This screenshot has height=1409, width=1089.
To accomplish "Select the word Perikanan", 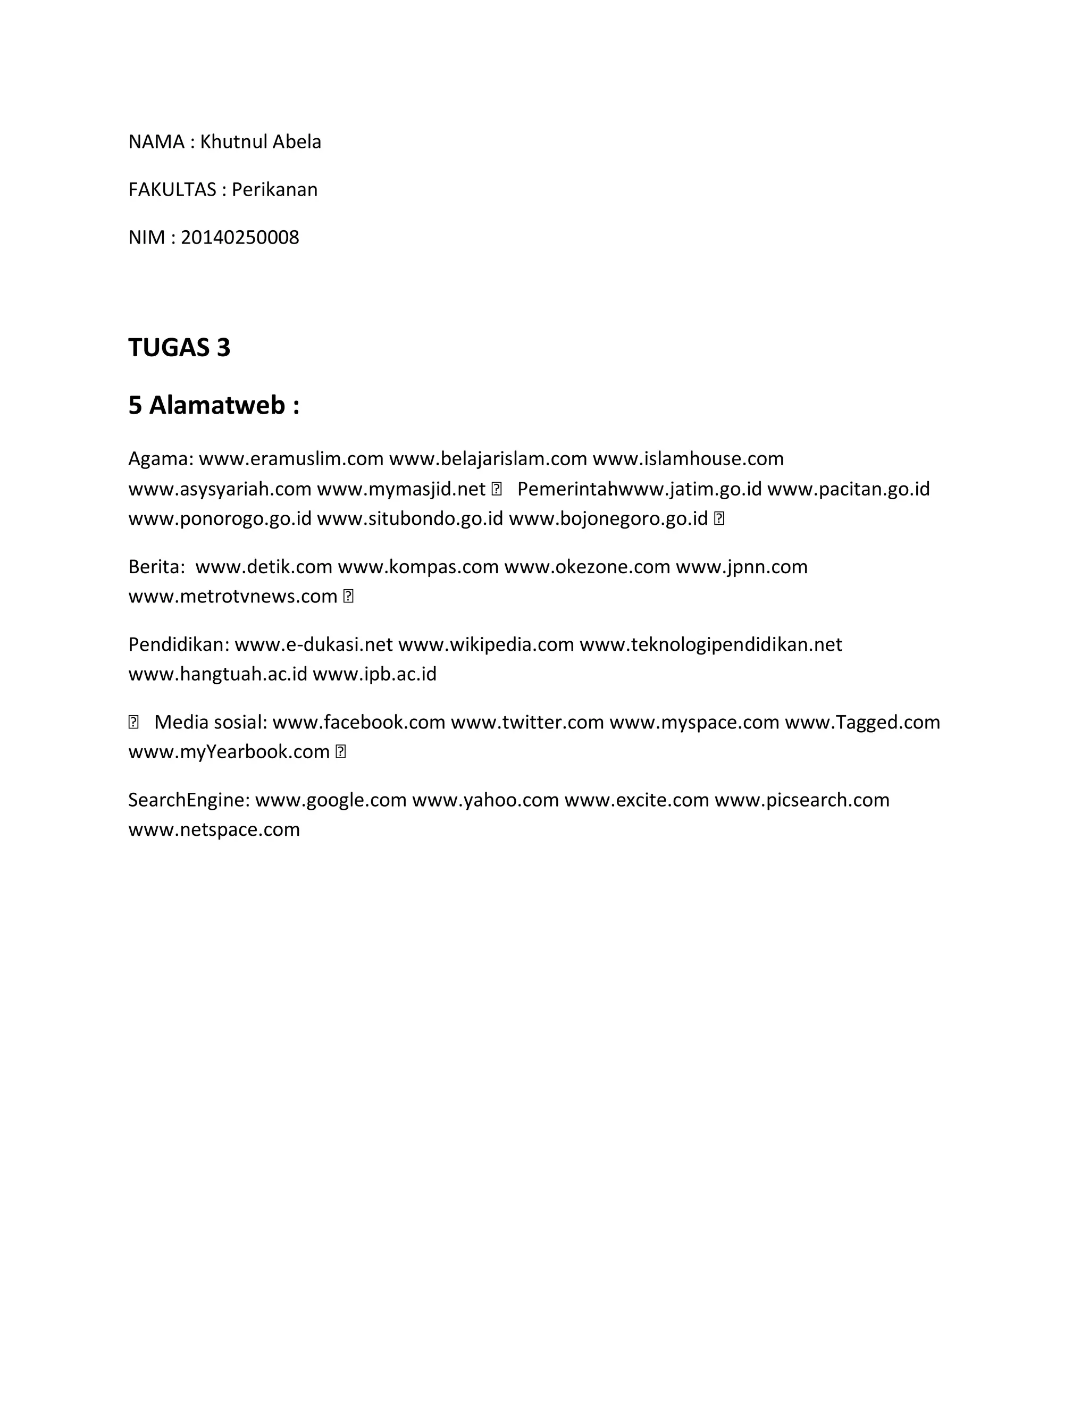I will (x=274, y=190).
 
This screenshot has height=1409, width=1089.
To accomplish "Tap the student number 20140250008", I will (x=239, y=238).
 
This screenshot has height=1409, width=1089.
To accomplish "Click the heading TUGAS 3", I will (x=179, y=348).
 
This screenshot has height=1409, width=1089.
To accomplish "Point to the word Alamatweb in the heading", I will (x=217, y=405).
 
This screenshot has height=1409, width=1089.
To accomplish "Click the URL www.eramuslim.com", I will (x=291, y=459).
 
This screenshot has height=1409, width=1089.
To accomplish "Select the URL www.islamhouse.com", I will (x=688, y=459).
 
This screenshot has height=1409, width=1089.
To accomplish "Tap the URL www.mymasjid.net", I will (x=400, y=489).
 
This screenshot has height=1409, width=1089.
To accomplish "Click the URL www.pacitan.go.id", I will (x=848, y=489).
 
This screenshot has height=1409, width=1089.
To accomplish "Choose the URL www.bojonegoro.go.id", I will (x=608, y=519).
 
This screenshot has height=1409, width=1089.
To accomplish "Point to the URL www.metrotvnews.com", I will (x=233, y=596).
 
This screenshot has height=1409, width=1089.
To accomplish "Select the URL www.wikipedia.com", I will (x=486, y=644).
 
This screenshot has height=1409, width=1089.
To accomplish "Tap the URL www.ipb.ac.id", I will (x=374, y=674).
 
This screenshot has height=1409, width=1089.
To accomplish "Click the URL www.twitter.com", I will (x=527, y=722).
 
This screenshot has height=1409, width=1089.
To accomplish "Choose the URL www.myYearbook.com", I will (x=229, y=752).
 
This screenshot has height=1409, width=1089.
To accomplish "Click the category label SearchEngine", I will (x=188, y=800).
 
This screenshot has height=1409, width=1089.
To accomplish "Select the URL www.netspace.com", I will (x=214, y=829).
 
